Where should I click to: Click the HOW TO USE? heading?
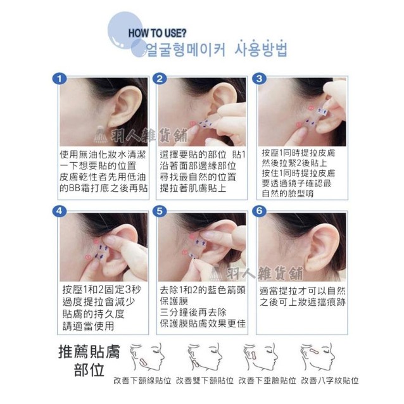[x=157, y=33]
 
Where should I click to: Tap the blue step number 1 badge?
[x=60, y=79]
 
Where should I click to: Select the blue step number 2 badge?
[x=160, y=79]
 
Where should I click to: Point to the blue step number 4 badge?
[x=60, y=211]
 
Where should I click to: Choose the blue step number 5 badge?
[x=160, y=211]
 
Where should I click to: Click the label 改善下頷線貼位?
[x=142, y=381]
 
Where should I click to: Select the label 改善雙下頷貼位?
[x=205, y=381]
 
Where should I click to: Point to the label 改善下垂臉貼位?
[x=267, y=381]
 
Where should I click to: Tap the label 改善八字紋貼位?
[x=330, y=381]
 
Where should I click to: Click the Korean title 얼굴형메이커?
[x=186, y=49]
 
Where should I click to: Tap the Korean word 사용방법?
[x=260, y=48]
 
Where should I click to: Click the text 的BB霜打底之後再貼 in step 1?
[x=104, y=188]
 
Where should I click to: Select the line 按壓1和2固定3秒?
[x=101, y=290]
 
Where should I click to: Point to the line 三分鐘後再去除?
[x=193, y=312]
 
